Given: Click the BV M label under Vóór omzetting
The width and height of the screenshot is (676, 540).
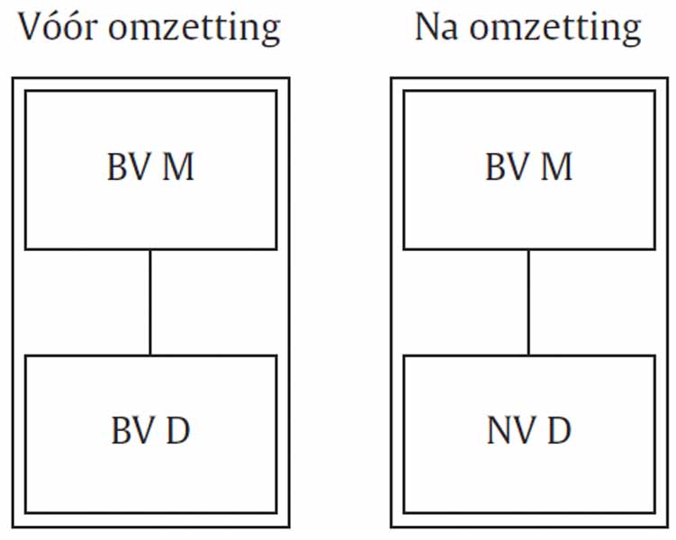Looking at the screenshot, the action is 150,166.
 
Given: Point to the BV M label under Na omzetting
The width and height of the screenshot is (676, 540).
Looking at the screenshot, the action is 529,166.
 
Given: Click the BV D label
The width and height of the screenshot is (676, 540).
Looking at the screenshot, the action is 150,430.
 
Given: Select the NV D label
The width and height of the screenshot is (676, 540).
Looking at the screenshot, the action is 529,430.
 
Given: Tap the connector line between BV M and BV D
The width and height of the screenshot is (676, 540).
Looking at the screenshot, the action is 150,302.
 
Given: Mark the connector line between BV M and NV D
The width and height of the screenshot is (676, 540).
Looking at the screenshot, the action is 528,302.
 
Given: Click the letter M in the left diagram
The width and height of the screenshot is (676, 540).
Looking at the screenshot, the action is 178,166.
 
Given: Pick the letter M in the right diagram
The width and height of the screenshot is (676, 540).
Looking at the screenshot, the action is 556,166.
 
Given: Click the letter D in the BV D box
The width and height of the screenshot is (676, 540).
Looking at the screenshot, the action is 178,430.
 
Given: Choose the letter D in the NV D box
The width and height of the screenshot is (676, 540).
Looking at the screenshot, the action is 559,430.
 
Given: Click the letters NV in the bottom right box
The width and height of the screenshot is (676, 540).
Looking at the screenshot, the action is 512,430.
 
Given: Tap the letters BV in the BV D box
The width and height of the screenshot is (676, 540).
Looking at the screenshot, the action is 133,430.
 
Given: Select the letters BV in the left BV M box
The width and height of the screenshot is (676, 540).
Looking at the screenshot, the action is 129,166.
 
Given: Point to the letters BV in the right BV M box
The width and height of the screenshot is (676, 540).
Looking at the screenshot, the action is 508,166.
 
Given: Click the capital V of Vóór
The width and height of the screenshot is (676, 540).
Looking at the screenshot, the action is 31,27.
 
